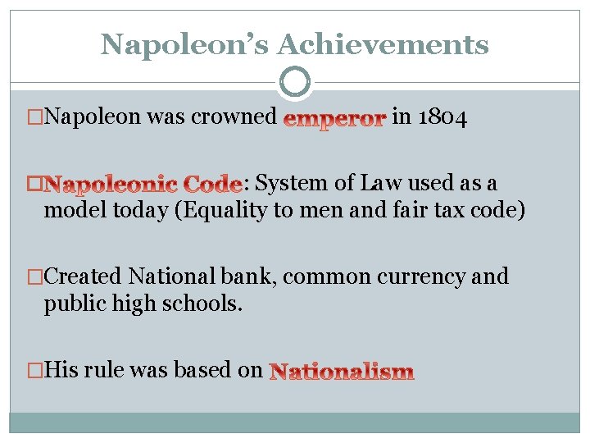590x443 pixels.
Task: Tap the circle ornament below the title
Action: click(295, 82)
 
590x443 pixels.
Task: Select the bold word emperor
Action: click(334, 120)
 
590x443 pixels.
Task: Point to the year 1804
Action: click(442, 118)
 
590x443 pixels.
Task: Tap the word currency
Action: click(423, 276)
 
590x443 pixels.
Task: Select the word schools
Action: click(204, 304)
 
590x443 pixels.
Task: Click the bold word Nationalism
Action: click(342, 372)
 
